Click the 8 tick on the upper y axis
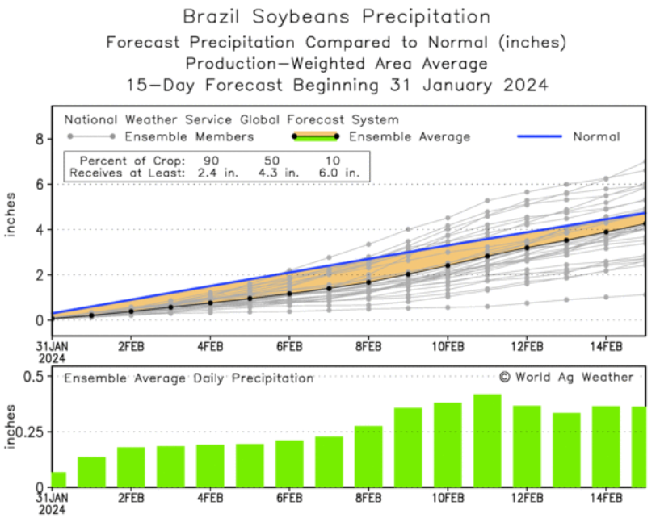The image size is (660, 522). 37,139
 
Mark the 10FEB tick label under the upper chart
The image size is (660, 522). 448,347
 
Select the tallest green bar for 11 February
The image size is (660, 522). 487,441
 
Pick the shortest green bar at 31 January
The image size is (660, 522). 58,479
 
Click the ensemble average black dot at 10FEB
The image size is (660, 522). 448,265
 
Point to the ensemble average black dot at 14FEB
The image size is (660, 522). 606,232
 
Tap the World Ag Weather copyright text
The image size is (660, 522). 565,377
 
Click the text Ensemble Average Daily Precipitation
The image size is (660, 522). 189,378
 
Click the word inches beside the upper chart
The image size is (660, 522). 12,215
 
